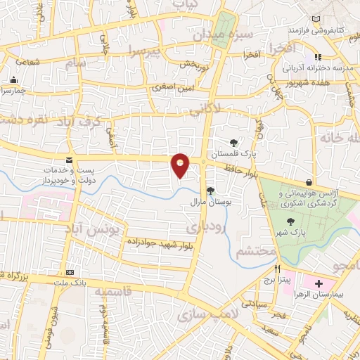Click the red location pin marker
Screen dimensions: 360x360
[181, 165]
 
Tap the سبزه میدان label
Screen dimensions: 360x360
[222, 32]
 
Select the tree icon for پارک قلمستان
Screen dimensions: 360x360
[233, 143]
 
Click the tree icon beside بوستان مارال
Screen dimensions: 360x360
[210, 191]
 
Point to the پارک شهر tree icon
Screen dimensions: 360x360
[290, 223]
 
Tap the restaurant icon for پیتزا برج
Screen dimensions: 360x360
[278, 269]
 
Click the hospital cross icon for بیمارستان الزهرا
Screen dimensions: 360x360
[319, 282]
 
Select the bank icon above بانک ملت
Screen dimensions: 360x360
[70, 272]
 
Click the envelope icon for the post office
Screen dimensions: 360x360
[70, 160]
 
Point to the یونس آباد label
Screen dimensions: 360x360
[103, 229]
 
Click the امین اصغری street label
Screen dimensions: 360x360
[169, 88]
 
